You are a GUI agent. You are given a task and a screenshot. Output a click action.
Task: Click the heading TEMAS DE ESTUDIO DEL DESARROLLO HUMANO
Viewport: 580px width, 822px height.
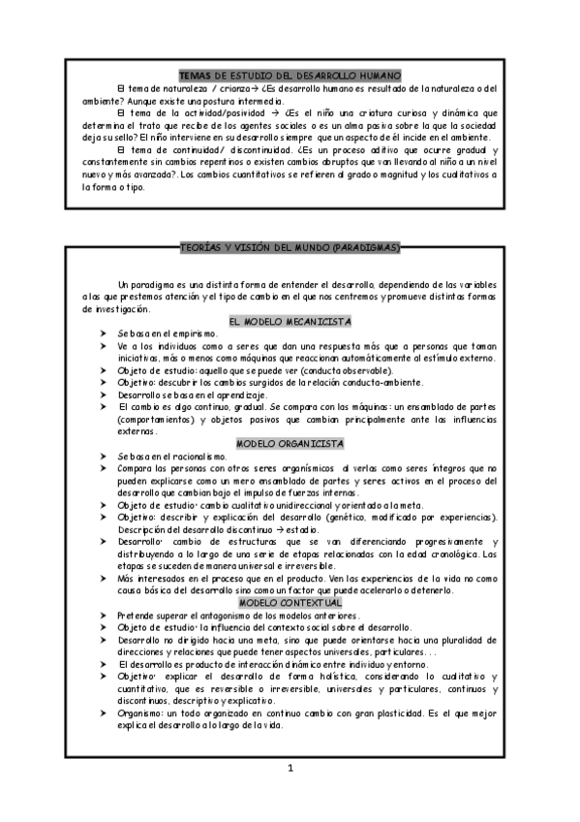pyautogui.click(x=290, y=76)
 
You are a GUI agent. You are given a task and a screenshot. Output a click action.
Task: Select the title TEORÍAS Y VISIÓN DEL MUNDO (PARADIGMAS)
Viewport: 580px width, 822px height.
pyautogui.click(x=290, y=248)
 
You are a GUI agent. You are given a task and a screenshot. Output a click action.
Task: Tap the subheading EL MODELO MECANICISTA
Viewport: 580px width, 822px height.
pyautogui.click(x=290, y=321)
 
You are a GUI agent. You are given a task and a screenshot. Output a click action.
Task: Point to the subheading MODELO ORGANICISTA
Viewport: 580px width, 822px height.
pyautogui.click(x=290, y=443)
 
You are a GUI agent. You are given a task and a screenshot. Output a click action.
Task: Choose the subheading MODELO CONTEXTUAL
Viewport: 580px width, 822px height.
pyautogui.click(x=290, y=602)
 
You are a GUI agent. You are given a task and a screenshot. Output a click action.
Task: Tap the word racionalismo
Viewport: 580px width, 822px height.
pyautogui.click(x=199, y=456)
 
